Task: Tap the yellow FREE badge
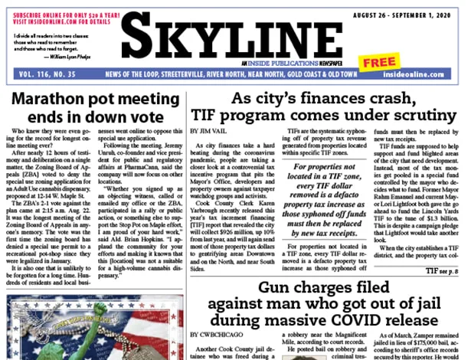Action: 379,63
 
